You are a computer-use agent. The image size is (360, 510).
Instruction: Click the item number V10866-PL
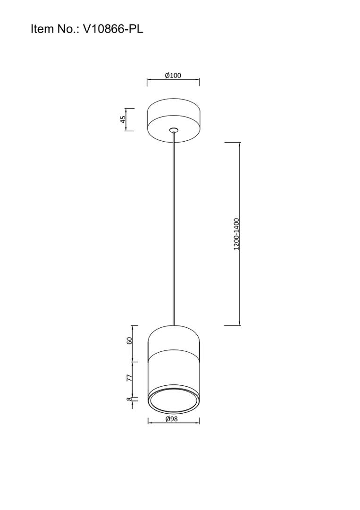click(x=113, y=29)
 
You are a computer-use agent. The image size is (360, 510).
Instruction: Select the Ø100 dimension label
click(x=173, y=76)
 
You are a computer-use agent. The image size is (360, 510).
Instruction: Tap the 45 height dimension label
click(x=123, y=119)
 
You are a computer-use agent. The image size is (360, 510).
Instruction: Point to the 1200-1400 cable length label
click(x=236, y=234)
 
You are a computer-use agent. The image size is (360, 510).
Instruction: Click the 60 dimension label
click(x=129, y=340)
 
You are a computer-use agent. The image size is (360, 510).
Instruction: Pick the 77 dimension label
click(x=129, y=378)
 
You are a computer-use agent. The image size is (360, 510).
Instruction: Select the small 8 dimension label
click(x=129, y=399)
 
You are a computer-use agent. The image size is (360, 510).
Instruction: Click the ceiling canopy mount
click(x=174, y=120)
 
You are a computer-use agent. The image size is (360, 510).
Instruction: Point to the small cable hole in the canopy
click(x=174, y=130)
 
